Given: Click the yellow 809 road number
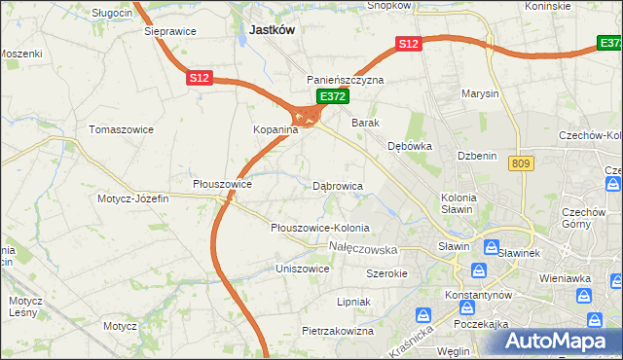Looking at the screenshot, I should pos(518,164).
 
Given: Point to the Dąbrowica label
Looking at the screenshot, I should pos(338,185).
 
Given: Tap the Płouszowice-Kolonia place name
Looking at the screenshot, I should pos(320,228).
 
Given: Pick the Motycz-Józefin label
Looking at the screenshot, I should pos(132,198).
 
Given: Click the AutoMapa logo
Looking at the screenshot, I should pos(556,341).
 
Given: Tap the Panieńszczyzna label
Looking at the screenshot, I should pos(346,80).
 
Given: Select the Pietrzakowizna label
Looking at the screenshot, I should pos(338,331).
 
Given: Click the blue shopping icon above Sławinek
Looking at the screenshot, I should pos(492,247).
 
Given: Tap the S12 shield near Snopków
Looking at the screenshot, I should pos(407,44).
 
